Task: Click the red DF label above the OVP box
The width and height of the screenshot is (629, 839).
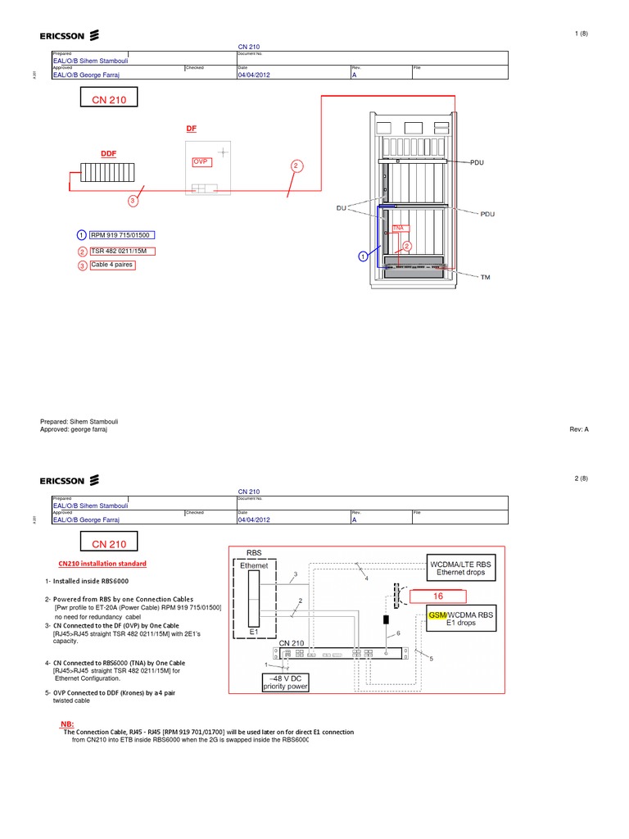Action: point(192,129)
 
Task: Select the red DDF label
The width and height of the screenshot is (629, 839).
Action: point(109,154)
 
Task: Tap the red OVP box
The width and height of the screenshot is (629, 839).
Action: point(201,162)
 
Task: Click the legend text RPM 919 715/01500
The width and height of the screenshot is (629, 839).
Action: point(120,236)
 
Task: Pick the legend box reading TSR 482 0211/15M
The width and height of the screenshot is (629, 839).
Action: point(123,251)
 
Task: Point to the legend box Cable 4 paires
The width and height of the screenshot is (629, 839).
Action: point(112,265)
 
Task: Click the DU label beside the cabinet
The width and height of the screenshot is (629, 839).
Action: point(342,208)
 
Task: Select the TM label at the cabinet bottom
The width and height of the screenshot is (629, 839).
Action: point(485,278)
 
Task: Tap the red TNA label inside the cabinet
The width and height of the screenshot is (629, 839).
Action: point(399,229)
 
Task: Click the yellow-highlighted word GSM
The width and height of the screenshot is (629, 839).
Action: point(437,615)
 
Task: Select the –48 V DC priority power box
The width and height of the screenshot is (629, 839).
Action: point(285,683)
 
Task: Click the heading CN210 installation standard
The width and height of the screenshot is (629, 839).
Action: point(102,564)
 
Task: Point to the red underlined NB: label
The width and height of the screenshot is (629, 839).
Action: point(67,724)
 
